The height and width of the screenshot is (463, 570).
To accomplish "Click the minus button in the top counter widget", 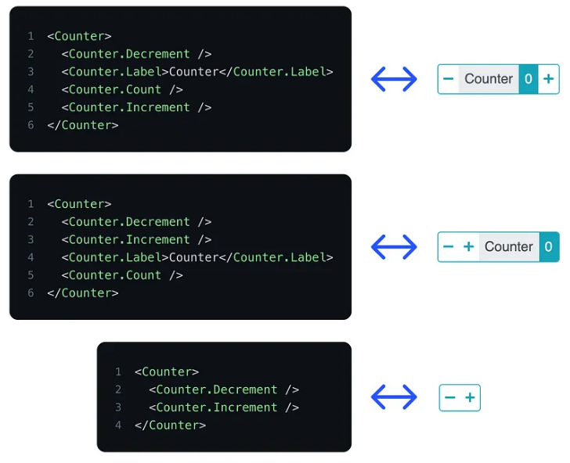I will coord(449,79).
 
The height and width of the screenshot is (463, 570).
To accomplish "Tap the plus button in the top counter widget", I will coord(549,79).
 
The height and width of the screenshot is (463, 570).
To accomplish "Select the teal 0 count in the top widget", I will coord(529,79).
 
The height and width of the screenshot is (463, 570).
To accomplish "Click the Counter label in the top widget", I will coord(489,79).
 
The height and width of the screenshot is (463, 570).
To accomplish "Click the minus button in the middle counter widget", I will coord(449,247).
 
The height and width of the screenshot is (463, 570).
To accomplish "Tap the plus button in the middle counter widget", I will coord(469,247).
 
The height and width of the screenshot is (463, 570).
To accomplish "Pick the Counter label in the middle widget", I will coord(509,247).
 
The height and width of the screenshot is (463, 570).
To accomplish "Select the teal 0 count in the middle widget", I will coord(548,247).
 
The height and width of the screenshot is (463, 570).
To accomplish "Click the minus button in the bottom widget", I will coord(449,398).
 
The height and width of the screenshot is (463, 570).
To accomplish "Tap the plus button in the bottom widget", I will coord(470,398).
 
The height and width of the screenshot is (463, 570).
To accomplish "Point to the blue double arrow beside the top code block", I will coord(394,79).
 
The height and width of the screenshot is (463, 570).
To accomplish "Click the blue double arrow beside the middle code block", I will coord(394,247).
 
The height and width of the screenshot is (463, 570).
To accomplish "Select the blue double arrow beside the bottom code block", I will coord(394,397).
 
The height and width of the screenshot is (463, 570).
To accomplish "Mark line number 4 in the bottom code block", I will coord(118,425).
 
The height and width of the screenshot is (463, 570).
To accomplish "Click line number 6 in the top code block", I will coord(31,125).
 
